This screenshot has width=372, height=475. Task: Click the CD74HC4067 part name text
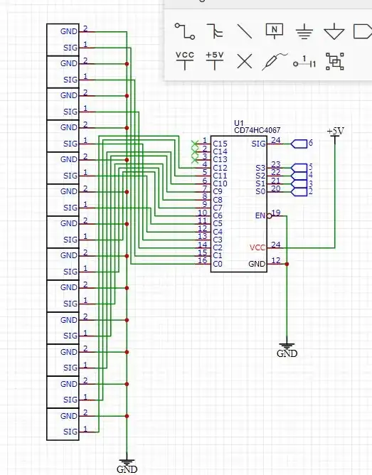pyautogui.click(x=257, y=130)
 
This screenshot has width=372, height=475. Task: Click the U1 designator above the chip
pyautogui.click(x=238, y=122)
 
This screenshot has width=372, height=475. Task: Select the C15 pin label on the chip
pyautogui.click(x=220, y=144)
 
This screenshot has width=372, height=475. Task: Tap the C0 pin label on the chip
pyautogui.click(x=218, y=264)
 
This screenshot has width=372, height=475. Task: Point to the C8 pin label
pyautogui.click(x=218, y=200)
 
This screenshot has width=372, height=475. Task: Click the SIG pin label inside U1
pyautogui.click(x=258, y=144)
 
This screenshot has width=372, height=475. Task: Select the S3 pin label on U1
pyautogui.click(x=260, y=168)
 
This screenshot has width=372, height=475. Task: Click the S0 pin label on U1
pyautogui.click(x=260, y=191)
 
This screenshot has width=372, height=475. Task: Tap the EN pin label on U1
pyautogui.click(x=260, y=215)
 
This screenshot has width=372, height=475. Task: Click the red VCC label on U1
pyautogui.click(x=258, y=247)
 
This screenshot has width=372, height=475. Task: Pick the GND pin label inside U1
pyautogui.click(x=257, y=264)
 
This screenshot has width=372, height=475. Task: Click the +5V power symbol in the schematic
pyautogui.click(x=335, y=132)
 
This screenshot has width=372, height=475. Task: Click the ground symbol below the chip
pyautogui.click(x=287, y=348)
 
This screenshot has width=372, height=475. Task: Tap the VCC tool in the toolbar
pyautogui.click(x=185, y=60)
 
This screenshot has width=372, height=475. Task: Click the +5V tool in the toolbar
pyautogui.click(x=214, y=60)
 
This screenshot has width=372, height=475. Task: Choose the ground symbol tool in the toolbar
pyautogui.click(x=304, y=31)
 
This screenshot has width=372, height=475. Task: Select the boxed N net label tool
pyautogui.click(x=275, y=31)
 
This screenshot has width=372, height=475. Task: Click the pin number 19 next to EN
pyautogui.click(x=276, y=213)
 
